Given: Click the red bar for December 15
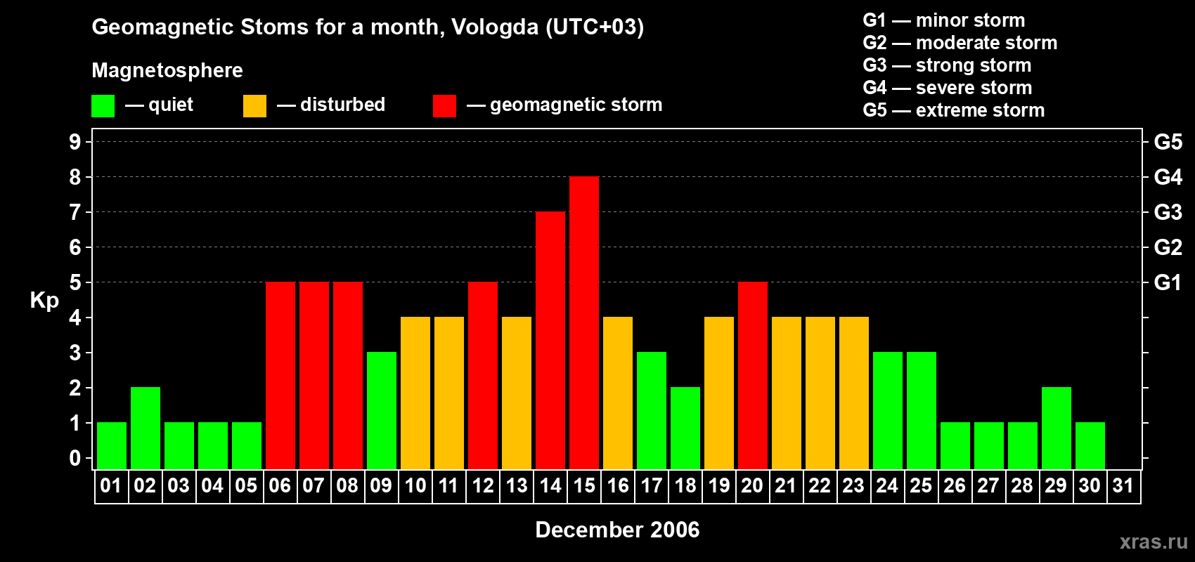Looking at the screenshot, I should point(584,322).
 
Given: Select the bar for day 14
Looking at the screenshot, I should point(550,340).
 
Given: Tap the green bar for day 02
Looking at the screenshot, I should point(146,428).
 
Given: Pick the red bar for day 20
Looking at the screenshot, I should point(753,375).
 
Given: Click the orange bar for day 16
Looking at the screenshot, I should point(618,393).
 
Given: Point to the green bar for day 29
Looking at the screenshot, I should point(1057,428).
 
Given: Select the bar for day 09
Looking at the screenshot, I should point(382,410).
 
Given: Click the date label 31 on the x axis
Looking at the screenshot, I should point(1123,486).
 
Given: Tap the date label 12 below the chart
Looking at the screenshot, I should point(483,486).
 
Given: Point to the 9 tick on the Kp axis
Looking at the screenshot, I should point(75,142).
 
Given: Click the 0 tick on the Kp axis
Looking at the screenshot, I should point(75,459).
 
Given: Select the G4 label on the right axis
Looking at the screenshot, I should point(1168,177).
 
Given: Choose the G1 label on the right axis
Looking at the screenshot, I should point(1168,282).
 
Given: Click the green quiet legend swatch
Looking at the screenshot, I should point(103,106).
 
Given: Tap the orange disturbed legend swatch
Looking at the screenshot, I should point(254,106).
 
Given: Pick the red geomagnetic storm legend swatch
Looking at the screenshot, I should point(444,106).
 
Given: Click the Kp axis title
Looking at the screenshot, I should point(44,301).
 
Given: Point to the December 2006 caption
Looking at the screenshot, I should point(617,530).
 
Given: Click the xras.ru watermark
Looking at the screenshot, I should point(1154,542).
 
